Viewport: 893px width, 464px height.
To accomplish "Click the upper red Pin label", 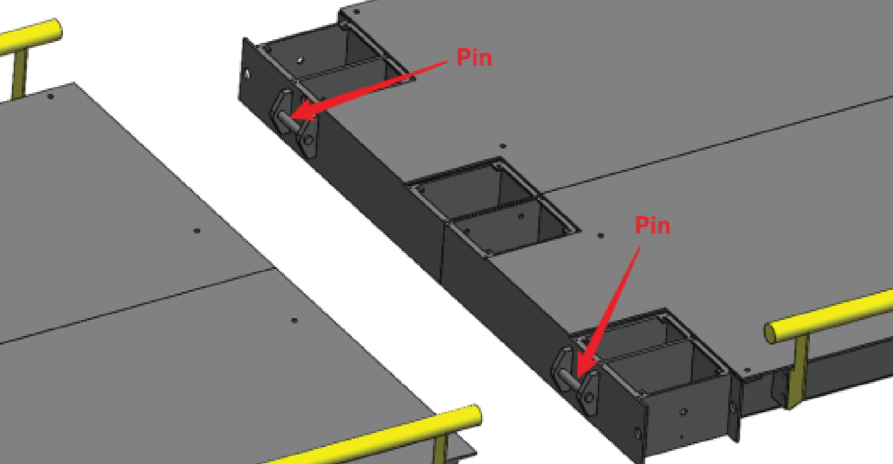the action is tap(474, 58).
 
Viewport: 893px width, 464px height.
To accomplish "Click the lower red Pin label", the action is tap(653, 226).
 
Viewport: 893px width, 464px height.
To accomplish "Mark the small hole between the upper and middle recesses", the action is tap(503, 146).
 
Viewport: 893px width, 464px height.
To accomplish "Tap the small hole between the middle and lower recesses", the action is tap(601, 236).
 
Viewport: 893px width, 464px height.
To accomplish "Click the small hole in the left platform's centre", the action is tap(197, 231).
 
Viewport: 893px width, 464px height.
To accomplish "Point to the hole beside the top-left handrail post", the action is tap(51, 97).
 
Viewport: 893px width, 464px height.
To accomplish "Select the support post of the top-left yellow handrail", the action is tap(19, 73).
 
